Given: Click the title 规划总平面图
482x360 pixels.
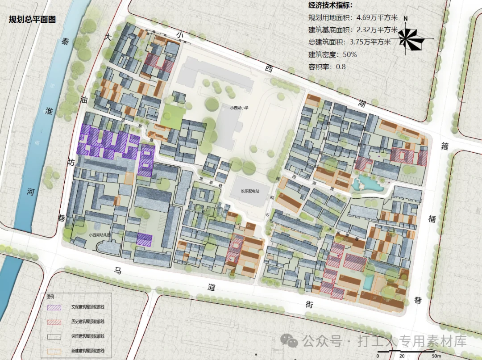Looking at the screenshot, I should tap(32, 20).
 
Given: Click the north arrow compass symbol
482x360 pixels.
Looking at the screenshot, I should tap(410, 38).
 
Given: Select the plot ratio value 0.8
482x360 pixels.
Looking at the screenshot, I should tap(340, 67).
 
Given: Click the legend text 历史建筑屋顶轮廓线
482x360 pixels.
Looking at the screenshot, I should tap(87, 322).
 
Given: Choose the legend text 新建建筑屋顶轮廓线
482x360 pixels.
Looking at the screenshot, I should tap(87, 350).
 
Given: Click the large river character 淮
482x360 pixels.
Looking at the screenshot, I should tap(50, 110).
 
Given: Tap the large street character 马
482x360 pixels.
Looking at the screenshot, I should tap(118, 270).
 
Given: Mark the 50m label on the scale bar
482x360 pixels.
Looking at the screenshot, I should tap(436, 356).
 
